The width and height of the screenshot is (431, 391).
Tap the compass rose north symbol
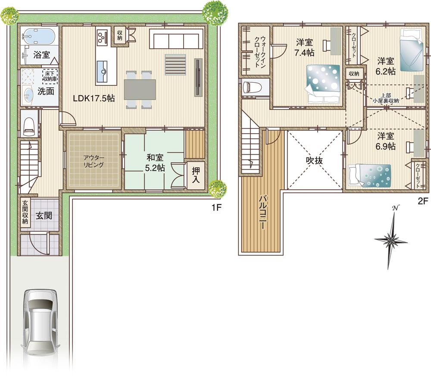click(x=392, y=238)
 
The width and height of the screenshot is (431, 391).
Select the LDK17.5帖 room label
click(x=94, y=98)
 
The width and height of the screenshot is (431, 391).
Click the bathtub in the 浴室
click(x=38, y=36)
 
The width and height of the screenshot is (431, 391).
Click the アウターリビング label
click(x=93, y=161)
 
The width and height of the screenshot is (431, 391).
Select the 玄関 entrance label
click(x=44, y=215)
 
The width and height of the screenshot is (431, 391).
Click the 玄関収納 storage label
click(x=25, y=212)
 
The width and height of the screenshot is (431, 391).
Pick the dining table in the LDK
click(x=140, y=90)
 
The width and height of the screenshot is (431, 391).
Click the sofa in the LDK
click(x=175, y=39)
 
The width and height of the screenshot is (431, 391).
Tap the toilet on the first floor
click(x=28, y=123)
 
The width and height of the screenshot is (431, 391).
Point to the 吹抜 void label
click(x=315, y=160)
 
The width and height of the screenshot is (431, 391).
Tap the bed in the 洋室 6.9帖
click(x=370, y=176)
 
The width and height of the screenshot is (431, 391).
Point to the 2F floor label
click(x=422, y=200)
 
